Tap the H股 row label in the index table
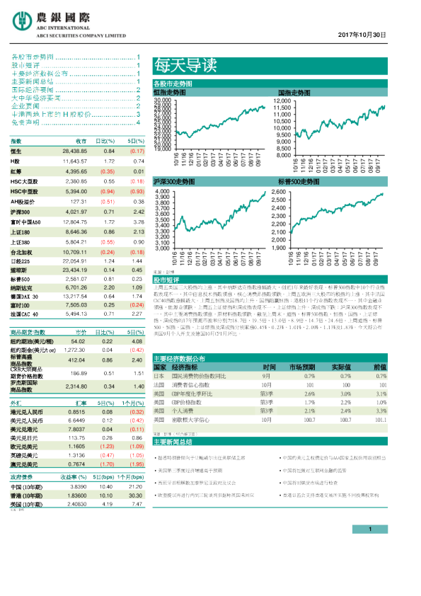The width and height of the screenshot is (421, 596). pyautogui.click(x=16, y=161)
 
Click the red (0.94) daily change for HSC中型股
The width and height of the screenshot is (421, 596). pyautogui.click(x=108, y=191)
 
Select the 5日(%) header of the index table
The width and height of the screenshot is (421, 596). pyautogui.click(x=136, y=142)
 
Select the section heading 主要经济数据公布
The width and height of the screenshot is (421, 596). pyautogui.click(x=179, y=358)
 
